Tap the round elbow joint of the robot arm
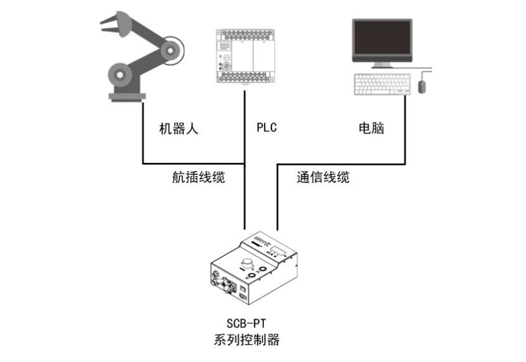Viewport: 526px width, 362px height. click(x=171, y=47)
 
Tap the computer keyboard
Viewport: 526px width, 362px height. click(x=381, y=85)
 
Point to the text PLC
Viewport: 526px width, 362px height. click(x=266, y=128)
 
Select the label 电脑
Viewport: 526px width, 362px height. click(x=371, y=128)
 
